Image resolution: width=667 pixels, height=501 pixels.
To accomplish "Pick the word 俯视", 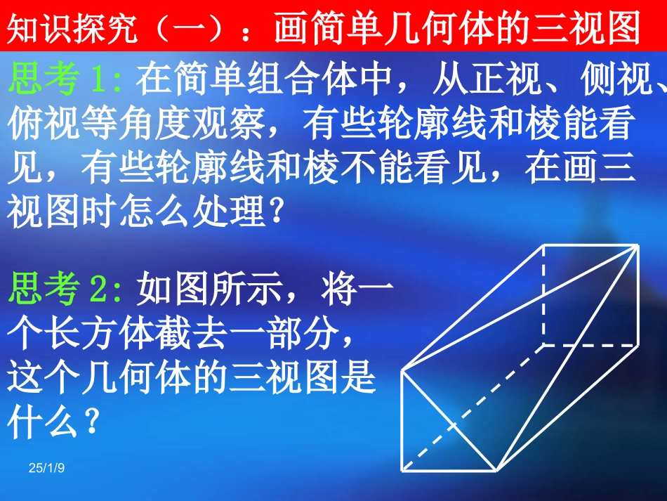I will [44, 126].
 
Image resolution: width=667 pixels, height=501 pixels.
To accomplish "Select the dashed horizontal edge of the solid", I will [590, 345].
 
